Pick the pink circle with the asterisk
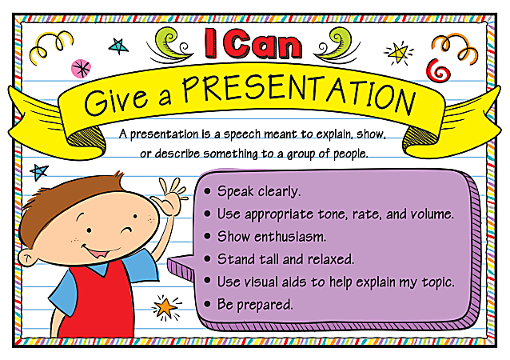(x=82, y=68)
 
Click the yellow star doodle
(x=397, y=53)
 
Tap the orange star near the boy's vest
(x=165, y=306)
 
